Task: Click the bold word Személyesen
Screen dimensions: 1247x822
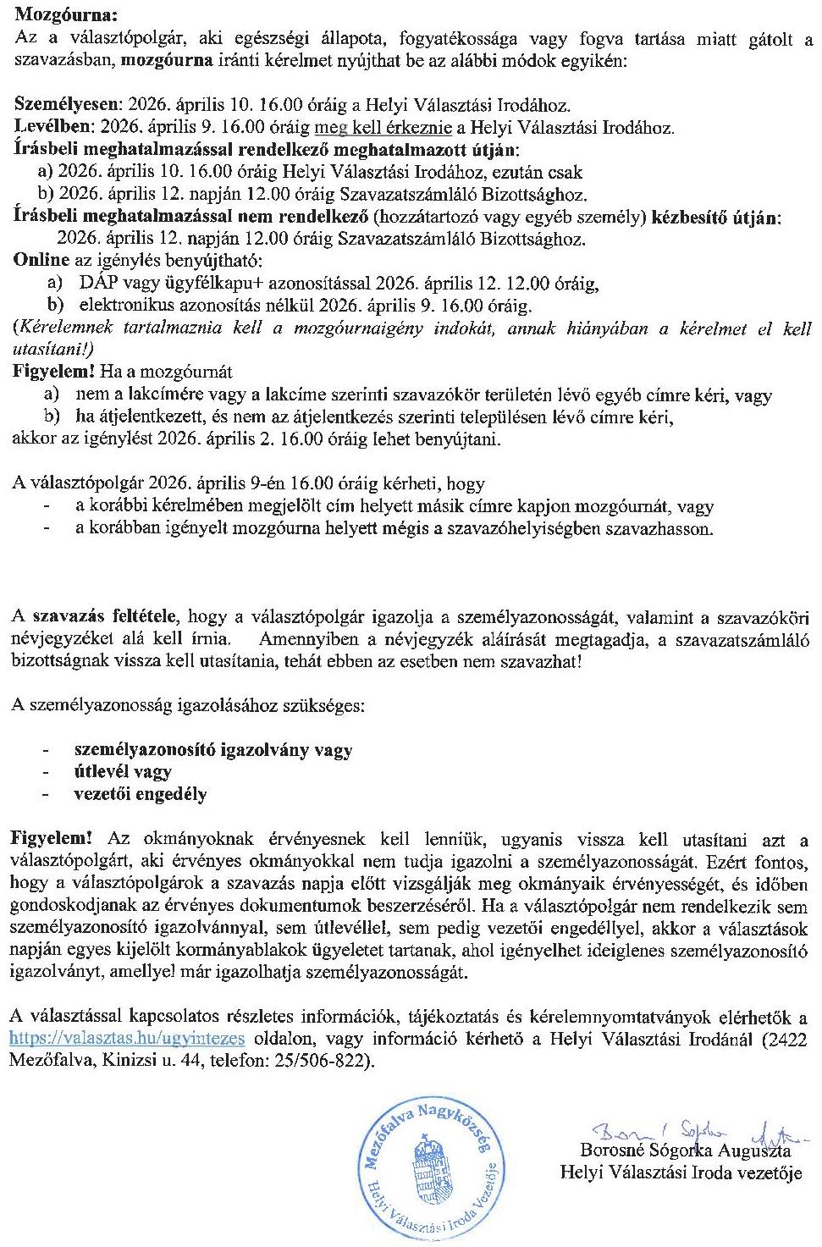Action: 68,105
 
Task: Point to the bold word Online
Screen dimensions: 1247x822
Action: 41,260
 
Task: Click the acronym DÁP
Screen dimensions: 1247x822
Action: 100,283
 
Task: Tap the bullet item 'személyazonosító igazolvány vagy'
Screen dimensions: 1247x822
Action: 213,749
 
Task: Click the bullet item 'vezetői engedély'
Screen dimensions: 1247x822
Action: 141,794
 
